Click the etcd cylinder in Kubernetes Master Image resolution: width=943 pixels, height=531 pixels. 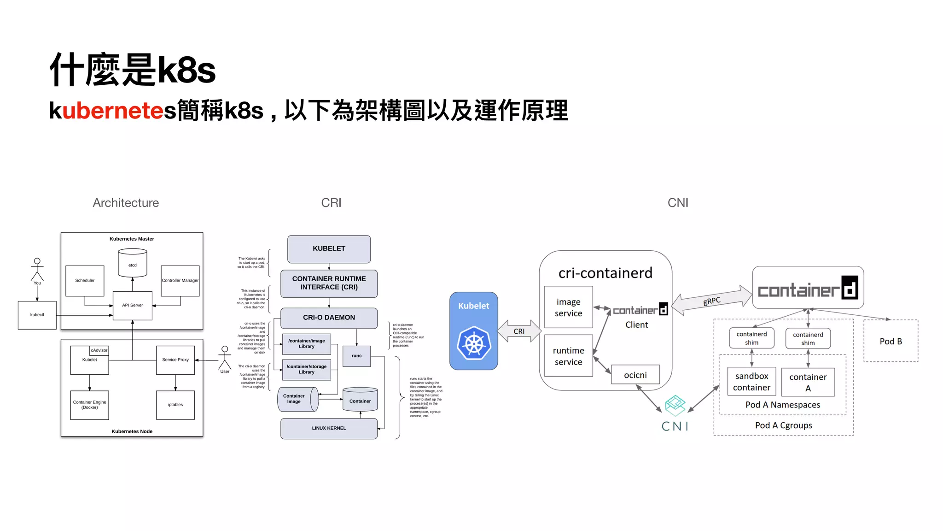coord(133,263)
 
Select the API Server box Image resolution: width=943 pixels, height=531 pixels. coord(133,305)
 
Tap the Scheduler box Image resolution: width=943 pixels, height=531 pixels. coord(85,280)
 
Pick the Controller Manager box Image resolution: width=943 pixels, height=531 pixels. coord(180,280)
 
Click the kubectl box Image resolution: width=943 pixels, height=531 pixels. coord(37,315)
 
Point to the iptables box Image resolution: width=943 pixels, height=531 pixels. coord(175,405)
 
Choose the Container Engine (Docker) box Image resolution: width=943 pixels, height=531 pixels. coord(89,405)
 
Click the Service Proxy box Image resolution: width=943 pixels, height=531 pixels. coord(175,360)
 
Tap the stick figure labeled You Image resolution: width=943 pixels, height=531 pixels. coord(37,270)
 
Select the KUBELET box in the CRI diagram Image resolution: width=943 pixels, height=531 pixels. coord(329,249)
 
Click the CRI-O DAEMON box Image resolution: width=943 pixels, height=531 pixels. coord(329,318)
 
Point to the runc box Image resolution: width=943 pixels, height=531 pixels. coord(357,356)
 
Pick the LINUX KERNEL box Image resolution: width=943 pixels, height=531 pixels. coord(329,428)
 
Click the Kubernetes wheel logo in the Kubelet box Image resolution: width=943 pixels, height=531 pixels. coord(474,344)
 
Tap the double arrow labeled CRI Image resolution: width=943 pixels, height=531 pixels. coord(519,331)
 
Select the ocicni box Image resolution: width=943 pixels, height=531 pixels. coord(635,375)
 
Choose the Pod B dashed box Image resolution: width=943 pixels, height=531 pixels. coord(891,341)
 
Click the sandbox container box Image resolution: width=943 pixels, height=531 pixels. coord(751,382)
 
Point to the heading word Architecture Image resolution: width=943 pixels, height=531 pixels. coord(126,203)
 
